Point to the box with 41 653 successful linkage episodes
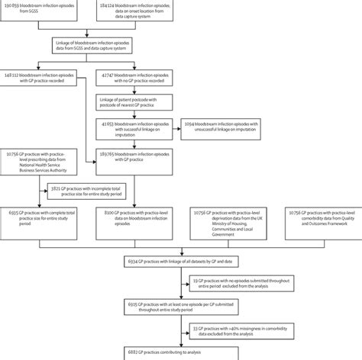[x=134, y=126]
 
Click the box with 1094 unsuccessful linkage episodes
[x=219, y=126]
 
